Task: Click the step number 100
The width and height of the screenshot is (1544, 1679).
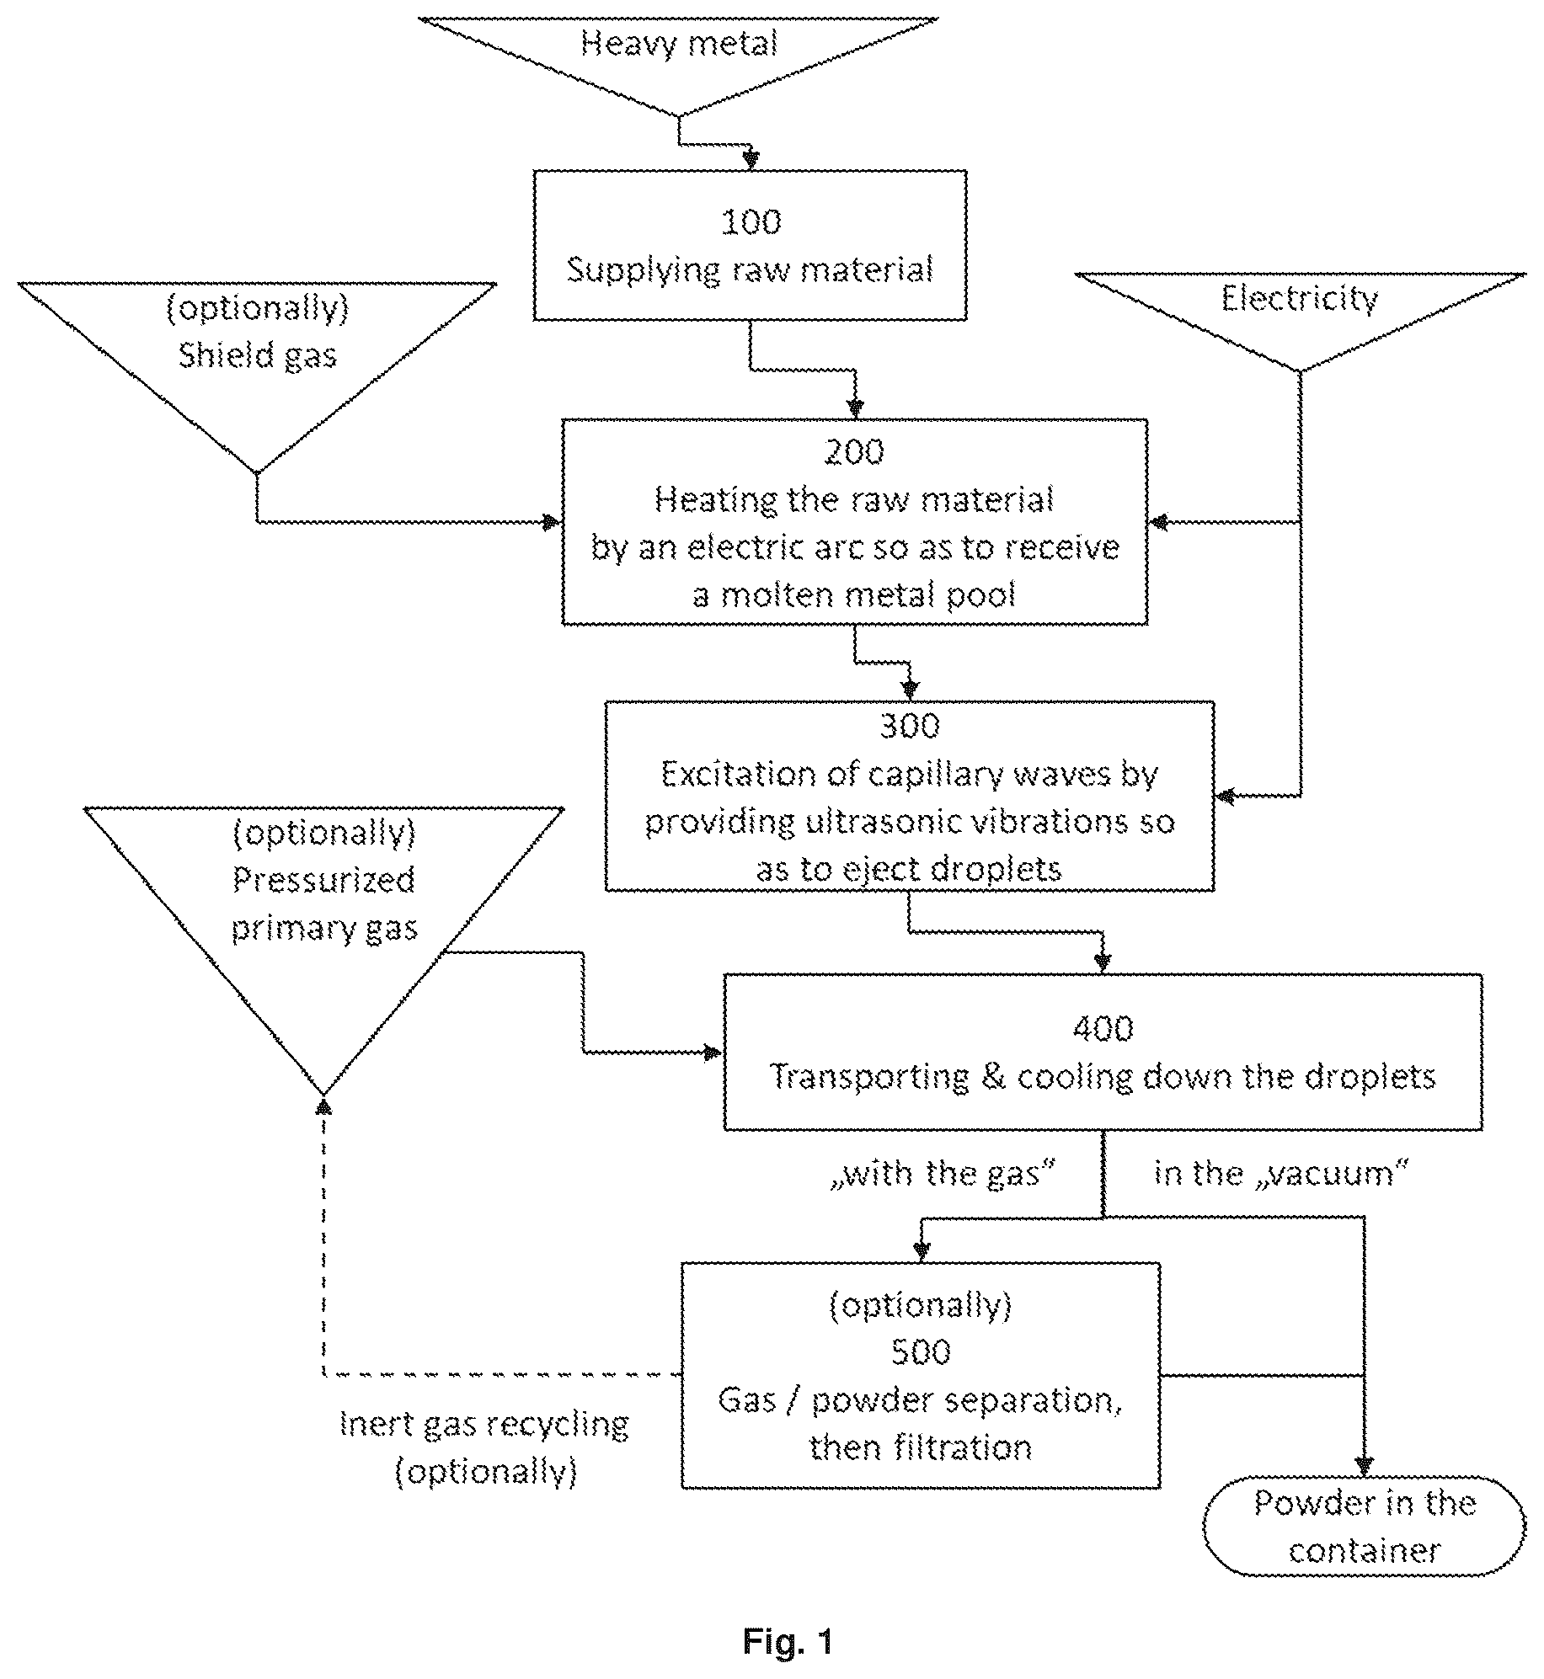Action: (751, 221)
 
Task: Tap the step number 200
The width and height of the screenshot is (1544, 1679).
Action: (854, 452)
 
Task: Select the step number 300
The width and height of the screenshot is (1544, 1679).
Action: (910, 725)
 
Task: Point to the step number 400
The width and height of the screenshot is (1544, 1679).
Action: (1103, 1028)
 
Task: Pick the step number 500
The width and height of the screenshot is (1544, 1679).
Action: (921, 1352)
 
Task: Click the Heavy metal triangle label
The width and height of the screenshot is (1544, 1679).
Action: (679, 43)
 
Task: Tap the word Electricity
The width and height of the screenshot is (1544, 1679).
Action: (1300, 298)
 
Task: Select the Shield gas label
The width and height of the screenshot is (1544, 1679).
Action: (258, 355)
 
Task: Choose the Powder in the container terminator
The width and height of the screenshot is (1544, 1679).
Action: (1364, 1527)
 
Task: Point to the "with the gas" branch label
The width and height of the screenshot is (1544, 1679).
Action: (943, 1173)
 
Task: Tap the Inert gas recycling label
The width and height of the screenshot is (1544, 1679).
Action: (484, 1424)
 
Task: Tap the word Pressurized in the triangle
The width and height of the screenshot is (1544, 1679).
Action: (324, 880)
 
